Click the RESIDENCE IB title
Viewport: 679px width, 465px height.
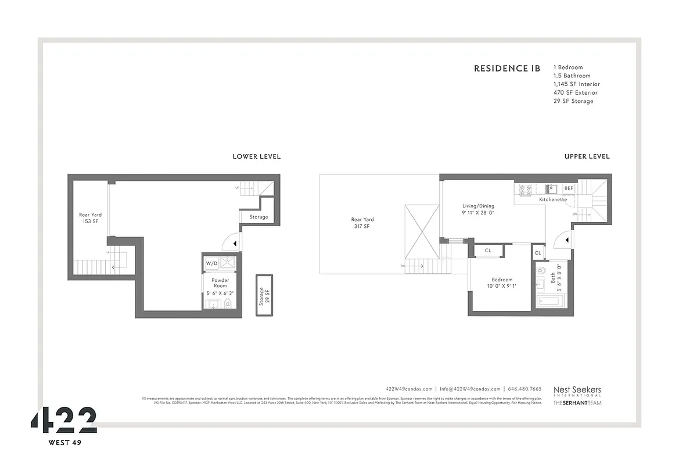tap(506, 69)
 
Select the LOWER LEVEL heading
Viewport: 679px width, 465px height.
tap(256, 156)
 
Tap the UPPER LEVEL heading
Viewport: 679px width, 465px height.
tap(587, 156)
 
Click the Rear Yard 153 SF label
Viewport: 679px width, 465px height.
tap(90, 218)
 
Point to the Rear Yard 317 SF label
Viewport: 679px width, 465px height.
tap(362, 223)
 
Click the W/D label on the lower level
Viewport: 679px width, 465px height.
tap(211, 263)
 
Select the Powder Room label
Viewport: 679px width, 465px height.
tap(220, 283)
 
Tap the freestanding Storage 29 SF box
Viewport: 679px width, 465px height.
tap(264, 295)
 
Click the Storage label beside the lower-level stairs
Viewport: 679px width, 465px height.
tap(258, 217)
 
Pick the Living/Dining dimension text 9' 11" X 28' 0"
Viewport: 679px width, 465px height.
tap(477, 213)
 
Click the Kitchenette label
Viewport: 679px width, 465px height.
tap(552, 199)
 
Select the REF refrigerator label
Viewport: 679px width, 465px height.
tap(568, 188)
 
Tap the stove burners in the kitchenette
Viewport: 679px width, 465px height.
tap(525, 188)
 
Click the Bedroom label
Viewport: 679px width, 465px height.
tap(502, 280)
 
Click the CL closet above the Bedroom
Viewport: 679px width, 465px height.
tap(488, 251)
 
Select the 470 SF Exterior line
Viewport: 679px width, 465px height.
tap(575, 92)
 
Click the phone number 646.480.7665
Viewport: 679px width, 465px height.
tap(524, 389)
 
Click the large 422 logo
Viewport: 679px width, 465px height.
tap(64, 420)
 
